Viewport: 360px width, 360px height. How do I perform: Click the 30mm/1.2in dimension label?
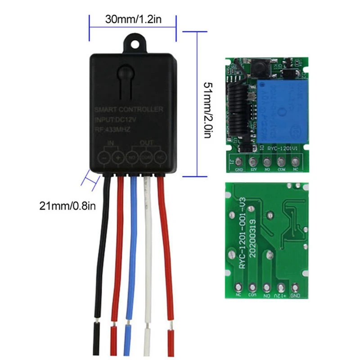[x=132, y=20]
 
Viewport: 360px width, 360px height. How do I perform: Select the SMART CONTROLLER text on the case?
[x=129, y=109]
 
